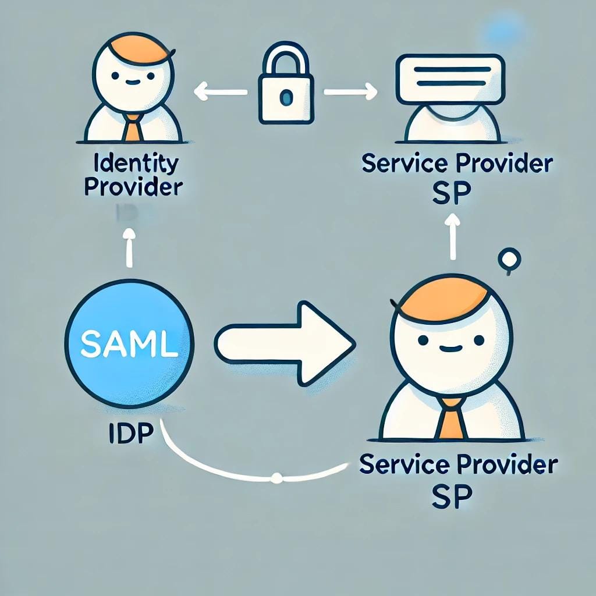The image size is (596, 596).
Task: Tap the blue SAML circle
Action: pos(129,344)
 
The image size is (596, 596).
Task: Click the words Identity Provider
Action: pos(133,175)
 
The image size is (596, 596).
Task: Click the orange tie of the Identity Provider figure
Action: pos(133,129)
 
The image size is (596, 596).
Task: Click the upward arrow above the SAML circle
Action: pos(130,247)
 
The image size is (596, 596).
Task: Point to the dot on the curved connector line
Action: pos(276,478)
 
